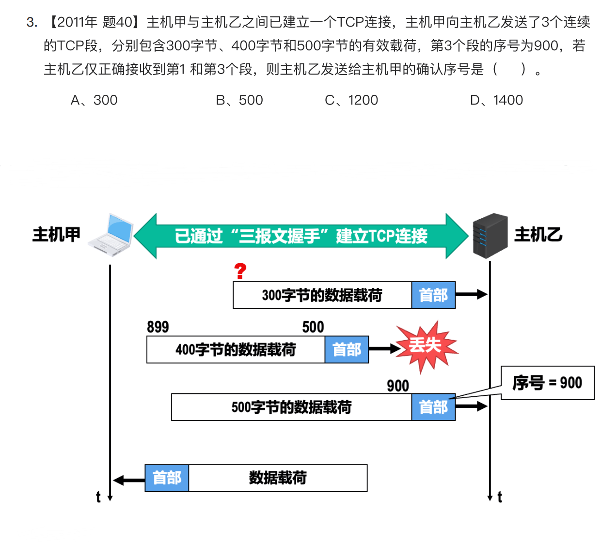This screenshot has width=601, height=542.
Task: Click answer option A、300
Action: (94, 100)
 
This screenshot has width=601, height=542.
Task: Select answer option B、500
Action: (239, 100)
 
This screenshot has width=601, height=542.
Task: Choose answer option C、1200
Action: (351, 100)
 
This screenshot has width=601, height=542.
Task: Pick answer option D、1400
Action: (497, 100)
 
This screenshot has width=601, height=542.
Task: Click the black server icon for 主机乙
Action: (490, 236)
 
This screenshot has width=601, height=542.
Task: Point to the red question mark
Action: (240, 271)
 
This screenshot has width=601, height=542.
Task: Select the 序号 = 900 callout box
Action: (547, 383)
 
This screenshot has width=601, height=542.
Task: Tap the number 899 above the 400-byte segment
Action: (158, 327)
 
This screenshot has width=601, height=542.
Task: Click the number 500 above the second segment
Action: (313, 327)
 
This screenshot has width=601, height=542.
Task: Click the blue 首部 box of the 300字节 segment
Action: (433, 295)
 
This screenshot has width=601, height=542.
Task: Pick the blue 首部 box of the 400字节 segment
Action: (347, 349)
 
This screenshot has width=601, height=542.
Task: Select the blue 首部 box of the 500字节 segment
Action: (433, 407)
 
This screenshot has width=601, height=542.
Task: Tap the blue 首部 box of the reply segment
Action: (167, 478)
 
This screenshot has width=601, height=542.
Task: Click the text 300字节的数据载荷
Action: (322, 295)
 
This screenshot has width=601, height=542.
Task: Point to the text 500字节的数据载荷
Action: (291, 407)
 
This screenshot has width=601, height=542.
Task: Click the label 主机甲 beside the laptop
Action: (56, 235)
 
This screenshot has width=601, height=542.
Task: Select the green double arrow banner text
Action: (301, 236)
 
